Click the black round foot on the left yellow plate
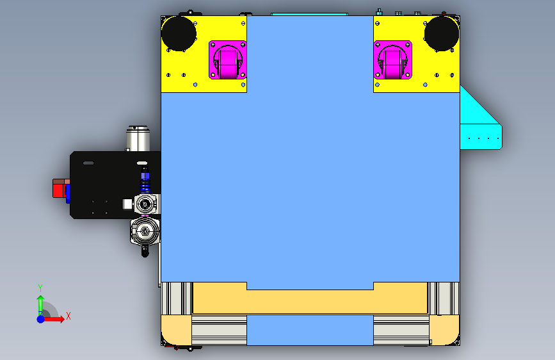point(179,34)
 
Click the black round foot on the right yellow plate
point(442,34)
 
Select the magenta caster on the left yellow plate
point(228,60)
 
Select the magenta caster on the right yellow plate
point(392,60)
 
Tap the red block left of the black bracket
point(59,188)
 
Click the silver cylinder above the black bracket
point(138,138)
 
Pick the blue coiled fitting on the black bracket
point(145,181)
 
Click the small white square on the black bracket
point(127,204)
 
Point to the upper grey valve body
point(146,204)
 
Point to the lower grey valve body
point(145,231)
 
